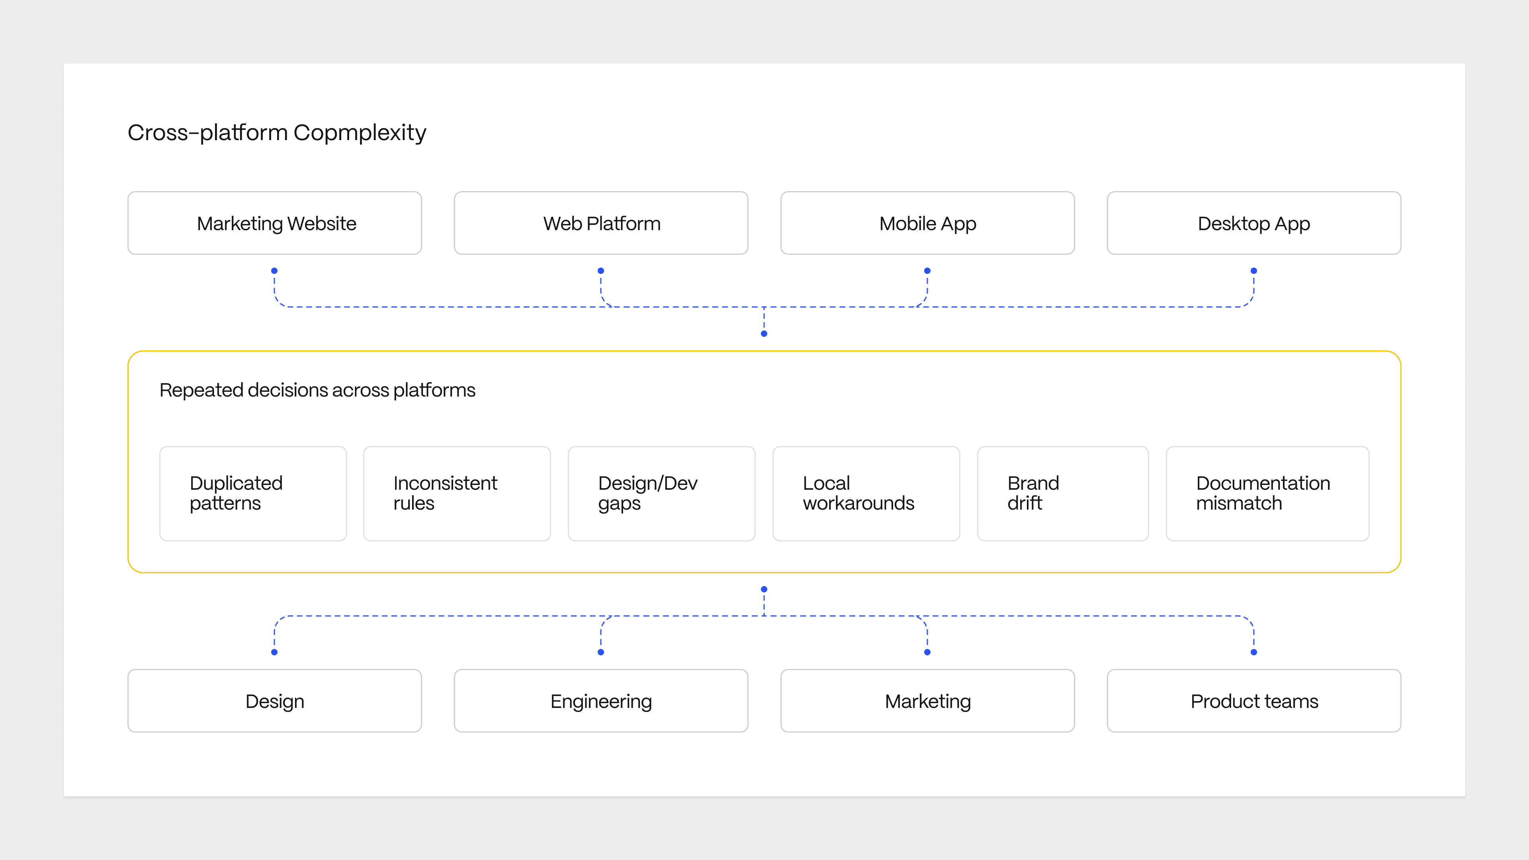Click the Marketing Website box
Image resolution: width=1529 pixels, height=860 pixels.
274,223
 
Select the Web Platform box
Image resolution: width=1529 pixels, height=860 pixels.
601,223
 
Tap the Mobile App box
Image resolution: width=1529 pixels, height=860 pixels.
927,223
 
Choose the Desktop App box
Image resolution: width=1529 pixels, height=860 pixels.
1253,223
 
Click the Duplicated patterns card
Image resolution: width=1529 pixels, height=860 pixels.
253,493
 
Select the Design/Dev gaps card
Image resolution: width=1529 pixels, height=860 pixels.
661,493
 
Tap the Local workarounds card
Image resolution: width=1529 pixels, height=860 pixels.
866,493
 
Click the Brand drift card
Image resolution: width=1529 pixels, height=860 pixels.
1062,493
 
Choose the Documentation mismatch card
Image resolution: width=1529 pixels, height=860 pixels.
1267,493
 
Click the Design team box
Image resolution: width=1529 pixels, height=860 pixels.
274,701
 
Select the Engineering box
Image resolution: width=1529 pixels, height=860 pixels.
601,701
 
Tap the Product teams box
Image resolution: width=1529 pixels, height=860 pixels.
1253,701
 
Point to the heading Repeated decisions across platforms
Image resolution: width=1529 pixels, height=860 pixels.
318,390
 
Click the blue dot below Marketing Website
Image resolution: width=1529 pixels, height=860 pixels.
274,271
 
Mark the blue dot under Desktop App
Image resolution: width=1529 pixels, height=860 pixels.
1253,271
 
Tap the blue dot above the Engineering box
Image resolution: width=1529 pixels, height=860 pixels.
601,652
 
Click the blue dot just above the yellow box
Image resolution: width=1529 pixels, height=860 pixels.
764,334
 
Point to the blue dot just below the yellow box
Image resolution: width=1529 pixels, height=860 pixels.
764,589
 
